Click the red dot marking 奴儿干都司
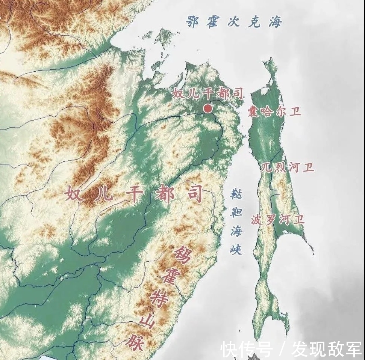207,109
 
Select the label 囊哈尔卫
274,112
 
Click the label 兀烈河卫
288,167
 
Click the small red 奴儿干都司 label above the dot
207,93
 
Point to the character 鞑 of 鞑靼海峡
236,194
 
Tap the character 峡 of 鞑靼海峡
236,249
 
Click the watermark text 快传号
246,349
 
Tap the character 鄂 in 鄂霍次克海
193,22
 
